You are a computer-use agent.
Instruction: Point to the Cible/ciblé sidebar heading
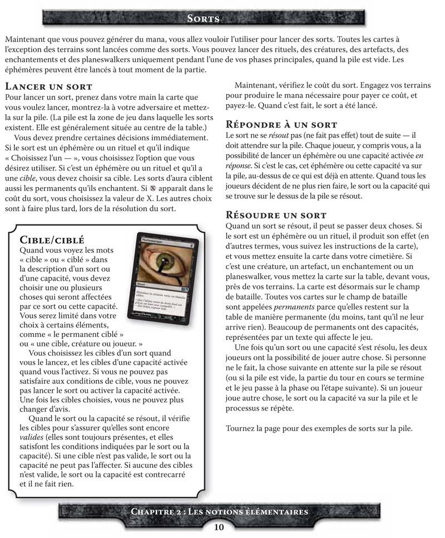[x=52, y=240]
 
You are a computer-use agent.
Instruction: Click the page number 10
[x=219, y=527]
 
